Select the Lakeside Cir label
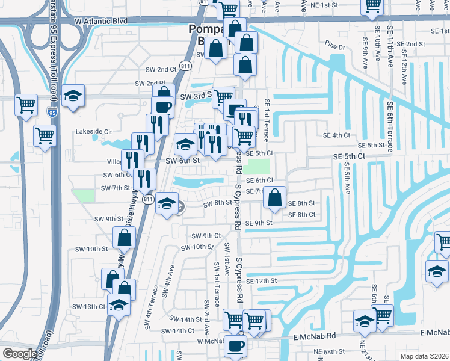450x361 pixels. point(93,131)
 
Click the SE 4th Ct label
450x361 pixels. point(336,135)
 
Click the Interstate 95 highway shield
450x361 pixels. point(52,111)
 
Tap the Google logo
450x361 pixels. point(20,354)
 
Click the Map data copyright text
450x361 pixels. point(424,356)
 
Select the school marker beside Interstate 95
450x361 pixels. point(73,96)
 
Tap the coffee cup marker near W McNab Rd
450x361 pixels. point(235,347)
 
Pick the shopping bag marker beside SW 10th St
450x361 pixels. point(124,238)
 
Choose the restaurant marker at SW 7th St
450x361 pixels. point(144,179)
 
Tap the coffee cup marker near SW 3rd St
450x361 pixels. point(163,107)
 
